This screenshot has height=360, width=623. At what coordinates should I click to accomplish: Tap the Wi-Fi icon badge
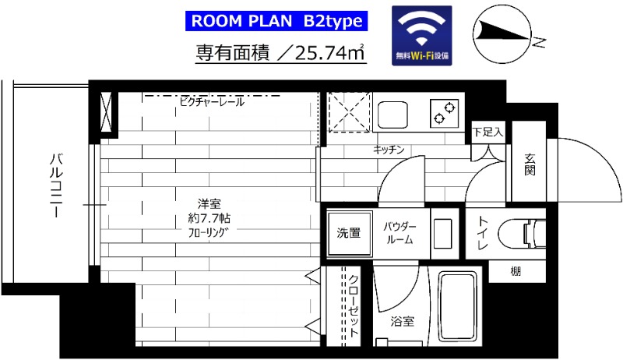click(x=422, y=34)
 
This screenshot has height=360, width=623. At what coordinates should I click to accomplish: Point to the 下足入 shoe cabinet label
click(x=488, y=132)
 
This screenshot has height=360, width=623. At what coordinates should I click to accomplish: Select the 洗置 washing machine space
click(x=348, y=232)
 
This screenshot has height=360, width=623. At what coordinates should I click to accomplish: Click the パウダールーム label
click(x=399, y=232)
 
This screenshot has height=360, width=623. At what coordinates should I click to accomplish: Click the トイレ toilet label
click(x=482, y=233)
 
